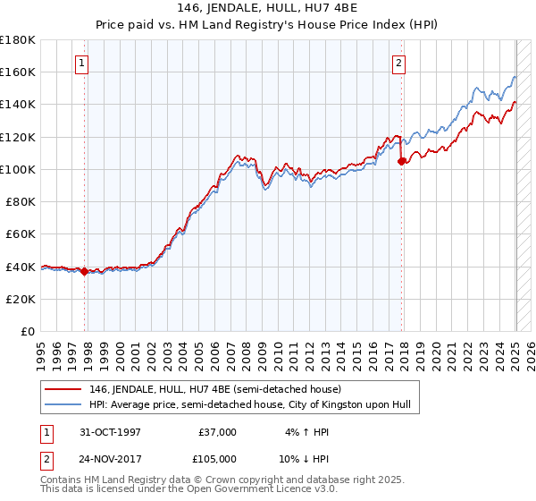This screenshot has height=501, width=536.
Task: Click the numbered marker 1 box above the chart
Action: tap(82, 63)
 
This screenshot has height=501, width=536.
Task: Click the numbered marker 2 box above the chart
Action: tap(398, 63)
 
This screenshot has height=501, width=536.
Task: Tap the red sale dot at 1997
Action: tap(85, 272)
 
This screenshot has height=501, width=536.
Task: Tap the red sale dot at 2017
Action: tap(401, 162)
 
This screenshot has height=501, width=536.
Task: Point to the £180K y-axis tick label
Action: tap(18, 40)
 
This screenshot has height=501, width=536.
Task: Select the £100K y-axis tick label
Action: tap(18, 169)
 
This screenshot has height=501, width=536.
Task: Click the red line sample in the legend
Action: tap(64, 389)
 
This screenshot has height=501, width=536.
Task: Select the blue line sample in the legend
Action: tap(64, 405)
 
